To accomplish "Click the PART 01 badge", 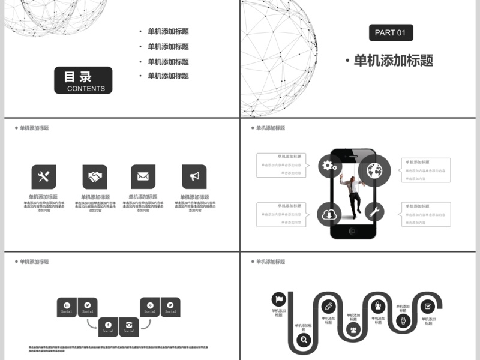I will (x=390, y=32).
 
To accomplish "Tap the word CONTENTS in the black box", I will (x=86, y=89).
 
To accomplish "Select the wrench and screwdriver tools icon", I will (x=44, y=176).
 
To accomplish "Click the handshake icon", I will (x=95, y=176).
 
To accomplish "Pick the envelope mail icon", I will (x=143, y=176).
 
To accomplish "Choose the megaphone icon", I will (x=194, y=176).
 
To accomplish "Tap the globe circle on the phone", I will (x=375, y=171).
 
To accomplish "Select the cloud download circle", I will (x=329, y=214).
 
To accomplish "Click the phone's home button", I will (x=353, y=231).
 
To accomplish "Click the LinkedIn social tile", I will (x=67, y=307).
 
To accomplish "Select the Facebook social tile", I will (x=108, y=327).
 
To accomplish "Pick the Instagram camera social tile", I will (x=129, y=327).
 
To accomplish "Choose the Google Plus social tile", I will (x=150, y=307).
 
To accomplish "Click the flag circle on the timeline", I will (x=279, y=299).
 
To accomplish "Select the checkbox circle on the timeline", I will (x=427, y=306).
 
